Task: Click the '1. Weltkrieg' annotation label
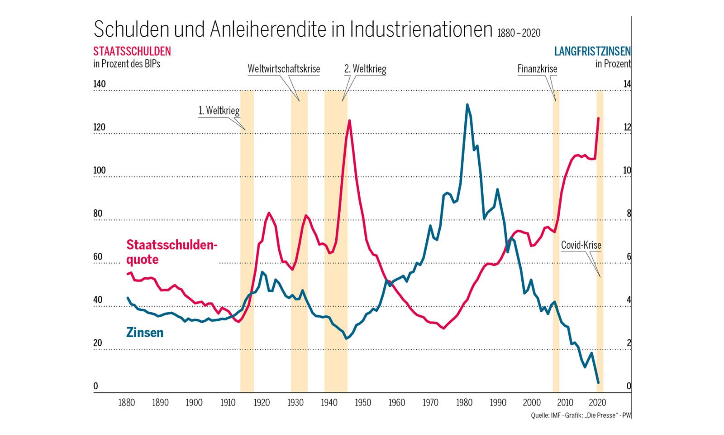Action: tap(219, 111)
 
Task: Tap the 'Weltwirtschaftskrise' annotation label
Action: tap(284, 69)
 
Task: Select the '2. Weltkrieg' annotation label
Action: tap(365, 69)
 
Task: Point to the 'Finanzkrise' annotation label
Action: tap(537, 69)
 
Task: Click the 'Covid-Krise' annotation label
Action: tap(581, 245)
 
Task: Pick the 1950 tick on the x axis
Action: tap(363, 402)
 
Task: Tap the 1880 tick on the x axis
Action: tap(127, 402)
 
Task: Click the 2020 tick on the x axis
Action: tap(598, 402)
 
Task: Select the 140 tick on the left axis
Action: tap(99, 84)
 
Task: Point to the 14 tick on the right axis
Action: tap(627, 84)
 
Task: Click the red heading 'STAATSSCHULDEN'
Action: tap(132, 51)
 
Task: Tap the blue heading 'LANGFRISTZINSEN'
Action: tap(592, 51)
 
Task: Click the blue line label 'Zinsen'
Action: tap(145, 333)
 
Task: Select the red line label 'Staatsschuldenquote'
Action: tap(171, 252)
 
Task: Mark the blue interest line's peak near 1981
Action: tap(467, 105)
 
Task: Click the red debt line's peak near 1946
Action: tap(349, 121)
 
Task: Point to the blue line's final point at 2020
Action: tap(598, 383)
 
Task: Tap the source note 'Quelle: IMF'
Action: tap(546, 416)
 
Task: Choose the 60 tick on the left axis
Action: tap(98, 256)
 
